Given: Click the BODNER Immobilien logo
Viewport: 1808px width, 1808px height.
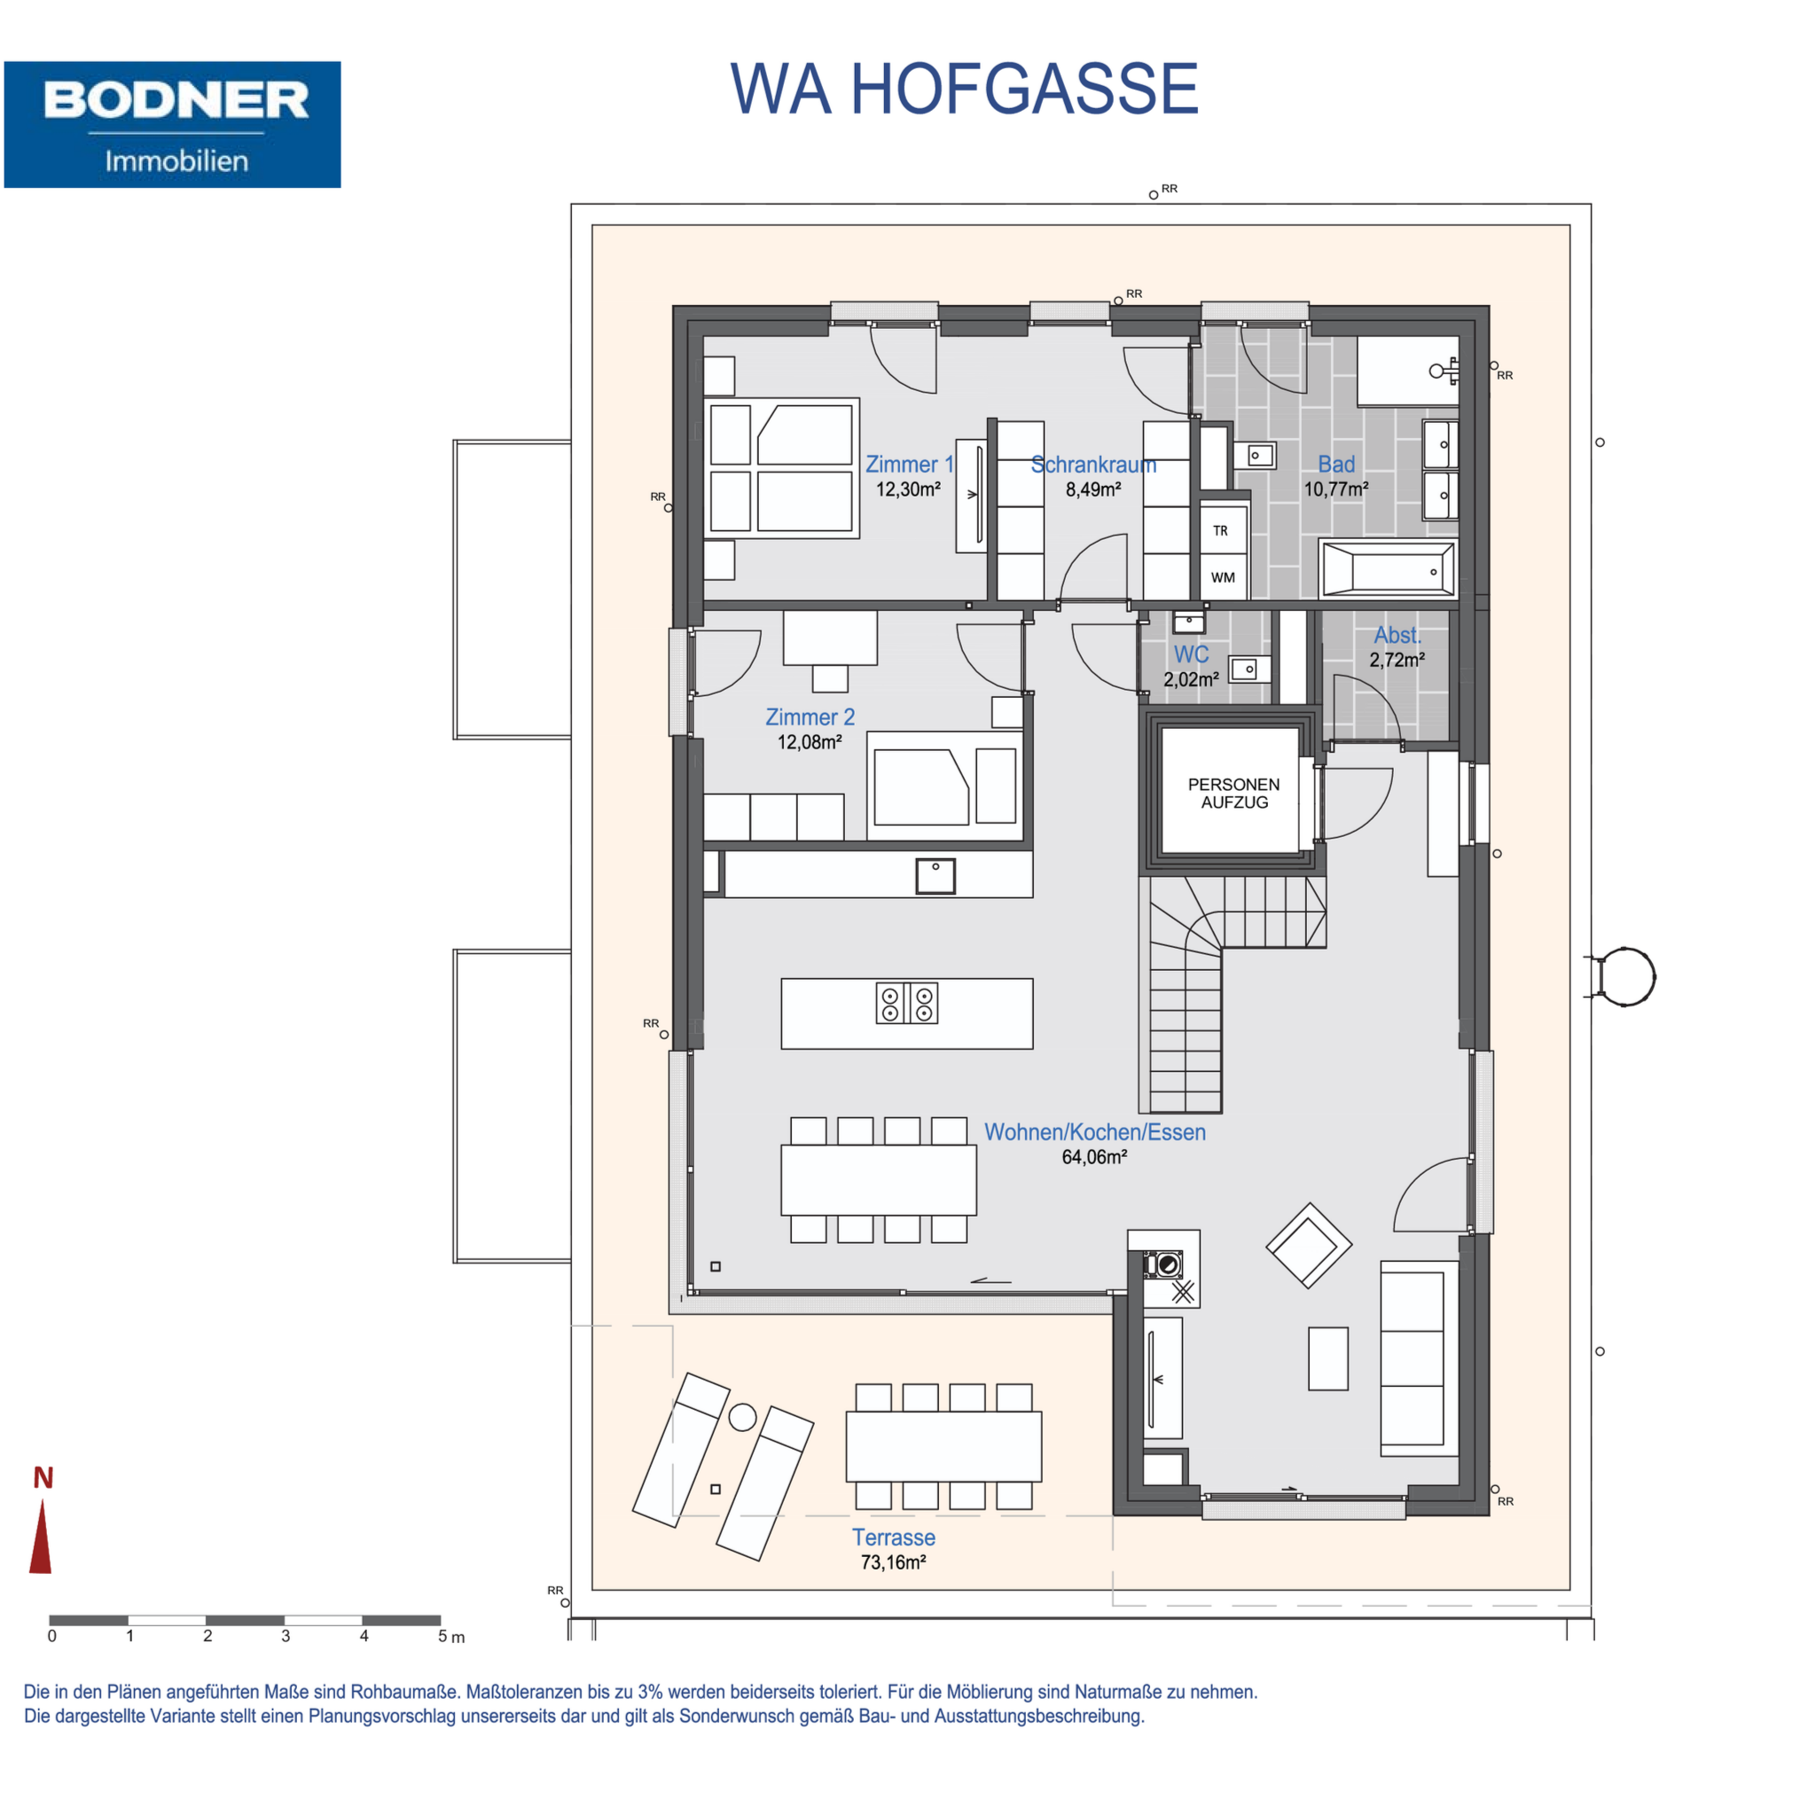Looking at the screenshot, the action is [x=172, y=124].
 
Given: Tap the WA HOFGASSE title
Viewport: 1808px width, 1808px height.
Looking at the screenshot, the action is [x=964, y=90].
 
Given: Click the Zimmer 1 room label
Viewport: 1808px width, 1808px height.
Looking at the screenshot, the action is [x=909, y=464].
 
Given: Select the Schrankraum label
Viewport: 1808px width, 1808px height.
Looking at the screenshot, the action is [x=1093, y=464].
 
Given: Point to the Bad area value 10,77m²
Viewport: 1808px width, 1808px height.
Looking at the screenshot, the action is [x=1336, y=489].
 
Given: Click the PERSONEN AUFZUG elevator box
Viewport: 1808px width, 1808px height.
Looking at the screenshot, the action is [x=1233, y=793].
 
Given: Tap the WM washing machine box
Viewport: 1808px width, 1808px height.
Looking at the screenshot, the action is [x=1223, y=577].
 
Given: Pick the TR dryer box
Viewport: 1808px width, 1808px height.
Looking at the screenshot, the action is [x=1223, y=530].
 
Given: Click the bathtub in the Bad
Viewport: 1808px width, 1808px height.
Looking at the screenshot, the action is [x=1388, y=569].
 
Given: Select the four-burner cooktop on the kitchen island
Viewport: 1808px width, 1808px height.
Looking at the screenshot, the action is [x=907, y=1003].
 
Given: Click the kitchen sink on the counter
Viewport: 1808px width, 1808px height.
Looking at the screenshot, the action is [x=935, y=876].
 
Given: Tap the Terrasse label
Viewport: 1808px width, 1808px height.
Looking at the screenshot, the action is [x=894, y=1538].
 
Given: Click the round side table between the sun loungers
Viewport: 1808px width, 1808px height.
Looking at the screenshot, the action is [x=743, y=1417].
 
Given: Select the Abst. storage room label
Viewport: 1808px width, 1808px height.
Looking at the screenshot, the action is [x=1397, y=635].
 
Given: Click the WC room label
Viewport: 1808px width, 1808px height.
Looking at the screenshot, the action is [x=1192, y=654].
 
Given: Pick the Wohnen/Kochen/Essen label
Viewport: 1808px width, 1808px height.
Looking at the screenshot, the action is [x=1095, y=1132].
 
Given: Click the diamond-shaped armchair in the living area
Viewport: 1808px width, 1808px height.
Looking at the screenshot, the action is [x=1308, y=1246].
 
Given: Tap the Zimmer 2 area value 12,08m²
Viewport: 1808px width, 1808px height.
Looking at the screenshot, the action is [x=810, y=742].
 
